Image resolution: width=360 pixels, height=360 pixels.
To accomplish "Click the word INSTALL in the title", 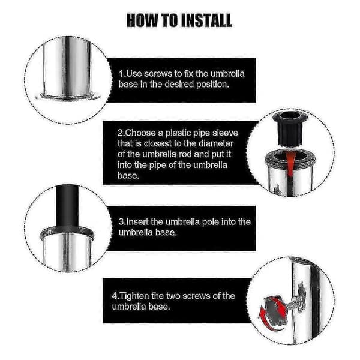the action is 205,20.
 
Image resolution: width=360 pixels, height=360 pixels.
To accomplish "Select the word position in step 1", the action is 212,85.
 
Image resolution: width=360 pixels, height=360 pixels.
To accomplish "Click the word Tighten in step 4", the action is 134,296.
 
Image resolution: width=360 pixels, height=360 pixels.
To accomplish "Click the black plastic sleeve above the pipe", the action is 290,128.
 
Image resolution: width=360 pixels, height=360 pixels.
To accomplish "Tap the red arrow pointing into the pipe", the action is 291,164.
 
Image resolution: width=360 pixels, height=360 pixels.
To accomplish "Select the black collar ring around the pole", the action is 67,233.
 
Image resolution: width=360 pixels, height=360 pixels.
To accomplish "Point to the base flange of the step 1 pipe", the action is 67,96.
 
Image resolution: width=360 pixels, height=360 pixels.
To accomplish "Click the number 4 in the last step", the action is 114,296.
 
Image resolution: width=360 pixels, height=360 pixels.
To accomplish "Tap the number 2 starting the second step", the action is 120,133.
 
